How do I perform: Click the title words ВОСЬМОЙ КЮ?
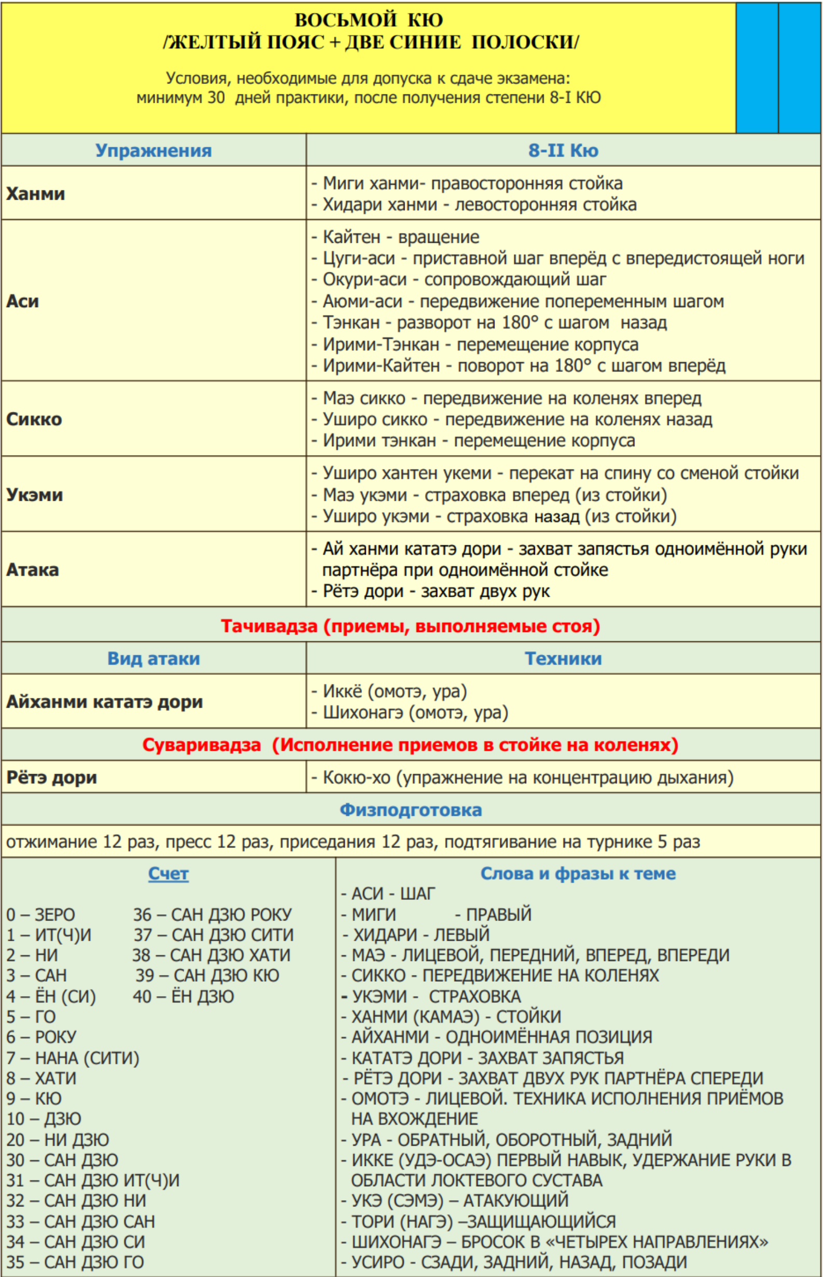pyautogui.click(x=369, y=20)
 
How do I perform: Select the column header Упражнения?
pyautogui.click(x=154, y=150)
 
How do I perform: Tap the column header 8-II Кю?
pyautogui.click(x=563, y=150)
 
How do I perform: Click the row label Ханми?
pyautogui.click(x=35, y=194)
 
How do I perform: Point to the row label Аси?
pyautogui.click(x=22, y=301)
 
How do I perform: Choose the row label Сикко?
pyautogui.click(x=34, y=419)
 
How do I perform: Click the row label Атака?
pyautogui.click(x=32, y=570)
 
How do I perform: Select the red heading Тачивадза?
pyautogui.click(x=410, y=626)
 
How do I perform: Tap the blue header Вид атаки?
pyautogui.click(x=154, y=658)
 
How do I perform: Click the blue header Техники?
pyautogui.click(x=563, y=658)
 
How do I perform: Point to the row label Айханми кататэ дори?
pyautogui.click(x=104, y=702)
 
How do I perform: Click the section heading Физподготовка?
pyautogui.click(x=410, y=810)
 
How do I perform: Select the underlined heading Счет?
pyautogui.click(x=168, y=874)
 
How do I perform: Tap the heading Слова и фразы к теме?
pyautogui.click(x=578, y=874)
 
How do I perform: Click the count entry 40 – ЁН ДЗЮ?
pyautogui.click(x=183, y=996)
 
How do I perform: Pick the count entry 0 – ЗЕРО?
pyautogui.click(x=40, y=915)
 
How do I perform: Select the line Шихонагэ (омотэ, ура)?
pyautogui.click(x=410, y=713)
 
